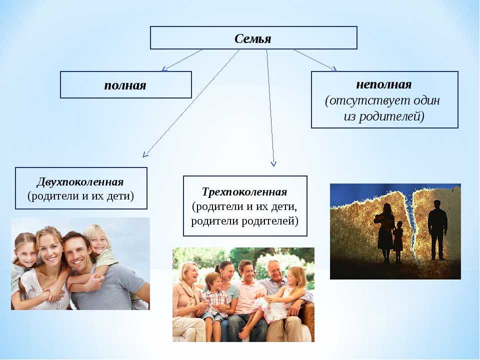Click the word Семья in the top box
[253, 39]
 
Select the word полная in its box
[125, 85]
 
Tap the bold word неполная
[384, 84]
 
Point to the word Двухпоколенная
[80, 182]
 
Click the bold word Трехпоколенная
[244, 192]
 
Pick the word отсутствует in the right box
[366, 100]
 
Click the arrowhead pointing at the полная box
[164, 69]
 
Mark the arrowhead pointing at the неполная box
[334, 69]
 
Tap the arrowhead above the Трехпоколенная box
[273, 163]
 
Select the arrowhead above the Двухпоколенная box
[145, 154]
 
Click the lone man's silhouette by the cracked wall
[437, 230]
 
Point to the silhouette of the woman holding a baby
[385, 232]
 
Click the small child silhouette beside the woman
[398, 242]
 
